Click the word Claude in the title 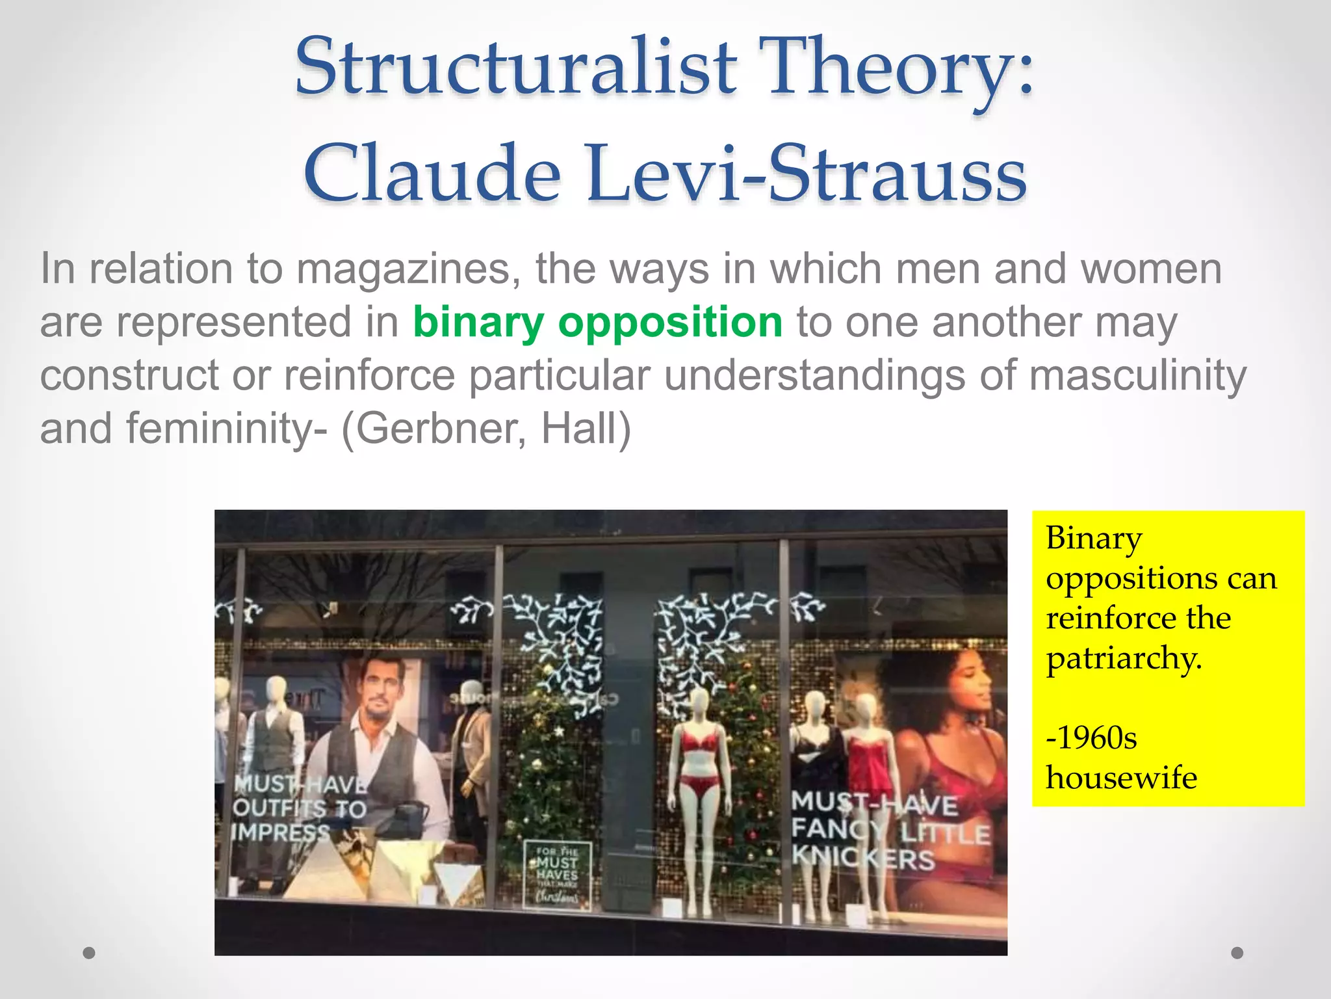tap(432, 174)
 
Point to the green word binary tap(478, 323)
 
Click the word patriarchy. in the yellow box tap(1124, 658)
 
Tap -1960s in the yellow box tap(1091, 738)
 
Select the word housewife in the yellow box tap(1121, 778)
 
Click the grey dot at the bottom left tap(89, 953)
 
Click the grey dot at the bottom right tap(1237, 953)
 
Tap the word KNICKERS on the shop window tap(863, 859)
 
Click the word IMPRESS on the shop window tap(281, 833)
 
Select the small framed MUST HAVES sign tap(557, 875)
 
